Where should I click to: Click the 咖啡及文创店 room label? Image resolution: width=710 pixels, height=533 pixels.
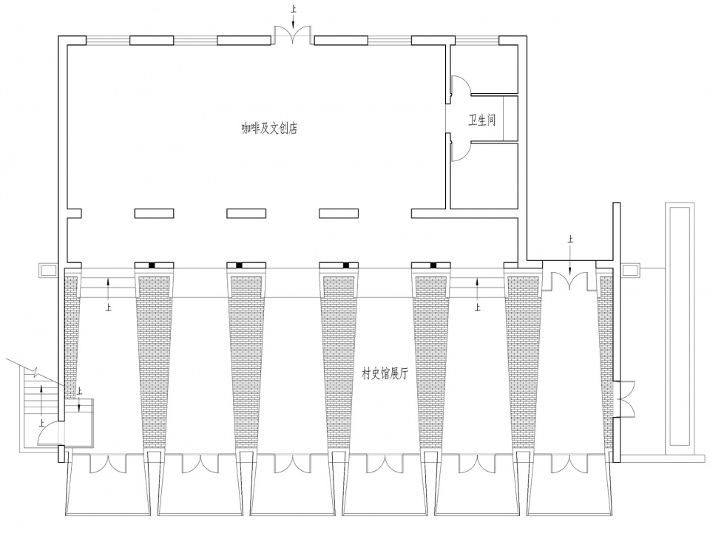(269, 129)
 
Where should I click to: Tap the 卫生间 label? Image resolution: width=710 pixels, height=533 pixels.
(481, 120)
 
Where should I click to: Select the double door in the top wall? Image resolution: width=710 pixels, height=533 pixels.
(293, 35)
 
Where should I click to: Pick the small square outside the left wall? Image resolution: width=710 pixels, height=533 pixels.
(47, 271)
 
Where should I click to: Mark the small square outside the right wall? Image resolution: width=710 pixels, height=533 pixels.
(630, 271)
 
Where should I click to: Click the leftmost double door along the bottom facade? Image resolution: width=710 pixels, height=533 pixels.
(108, 463)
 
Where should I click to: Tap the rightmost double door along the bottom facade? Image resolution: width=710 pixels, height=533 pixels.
(569, 463)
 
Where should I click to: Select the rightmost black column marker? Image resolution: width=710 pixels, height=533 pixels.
(433, 265)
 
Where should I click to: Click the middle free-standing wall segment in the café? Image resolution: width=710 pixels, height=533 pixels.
(246, 213)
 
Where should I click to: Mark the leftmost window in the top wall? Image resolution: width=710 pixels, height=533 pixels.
(108, 40)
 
